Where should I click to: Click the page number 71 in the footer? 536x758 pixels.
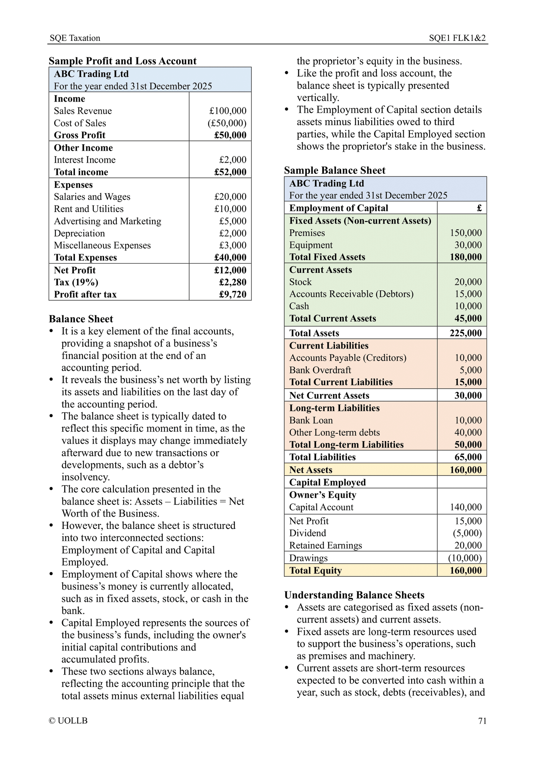coord(482,721)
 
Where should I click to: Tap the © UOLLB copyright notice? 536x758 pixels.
coord(68,721)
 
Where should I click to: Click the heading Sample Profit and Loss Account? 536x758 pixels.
coord(123,61)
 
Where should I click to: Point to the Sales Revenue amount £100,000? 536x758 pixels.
coord(227,111)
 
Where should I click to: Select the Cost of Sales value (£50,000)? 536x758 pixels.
coord(227,123)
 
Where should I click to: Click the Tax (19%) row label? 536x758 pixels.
coord(76,282)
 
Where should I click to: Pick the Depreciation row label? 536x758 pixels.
coord(79,234)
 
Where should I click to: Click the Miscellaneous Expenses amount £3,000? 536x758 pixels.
coord(233,245)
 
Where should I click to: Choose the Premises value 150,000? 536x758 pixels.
coord(466,233)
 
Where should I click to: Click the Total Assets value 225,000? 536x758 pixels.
coord(466,333)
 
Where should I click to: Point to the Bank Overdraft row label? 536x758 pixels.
coord(320,370)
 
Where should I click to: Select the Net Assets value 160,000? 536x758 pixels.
coord(466,470)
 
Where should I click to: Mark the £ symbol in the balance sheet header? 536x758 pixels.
coord(479,208)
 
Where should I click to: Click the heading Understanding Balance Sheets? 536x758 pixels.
coord(354,595)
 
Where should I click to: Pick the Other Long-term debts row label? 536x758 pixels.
coord(335,433)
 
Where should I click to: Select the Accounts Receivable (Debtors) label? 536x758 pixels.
coord(351,294)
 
